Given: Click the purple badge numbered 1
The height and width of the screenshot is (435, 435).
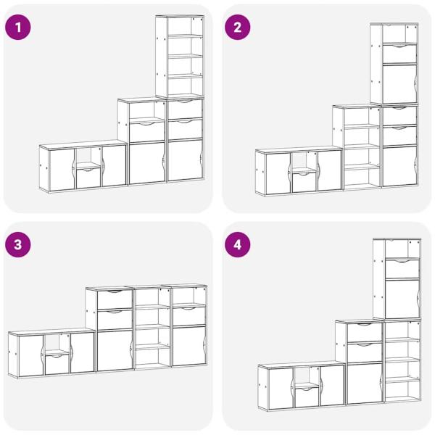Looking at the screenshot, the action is [17, 28].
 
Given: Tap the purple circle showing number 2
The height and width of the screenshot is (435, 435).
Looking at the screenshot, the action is [238, 28].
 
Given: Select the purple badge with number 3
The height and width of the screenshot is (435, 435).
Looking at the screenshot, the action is [17, 245].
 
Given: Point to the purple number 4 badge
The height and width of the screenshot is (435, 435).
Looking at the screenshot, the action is [238, 245].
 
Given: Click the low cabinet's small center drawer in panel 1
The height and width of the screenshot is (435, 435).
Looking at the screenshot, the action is [88, 178].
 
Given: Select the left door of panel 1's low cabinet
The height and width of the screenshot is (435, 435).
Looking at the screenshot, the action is [62, 170].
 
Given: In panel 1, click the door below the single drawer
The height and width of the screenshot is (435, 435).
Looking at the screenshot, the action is [147, 163].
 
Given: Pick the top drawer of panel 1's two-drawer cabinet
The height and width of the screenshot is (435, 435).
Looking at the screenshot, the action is [185, 109].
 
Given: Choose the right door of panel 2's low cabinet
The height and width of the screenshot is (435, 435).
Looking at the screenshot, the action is [329, 170].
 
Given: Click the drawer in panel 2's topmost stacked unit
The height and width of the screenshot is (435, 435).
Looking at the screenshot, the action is [399, 54].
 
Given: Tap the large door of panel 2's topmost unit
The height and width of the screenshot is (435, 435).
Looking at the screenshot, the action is [399, 84].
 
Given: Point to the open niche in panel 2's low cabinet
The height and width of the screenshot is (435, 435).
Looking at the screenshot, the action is [304, 162].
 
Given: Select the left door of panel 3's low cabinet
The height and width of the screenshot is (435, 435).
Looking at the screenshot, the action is [31, 356].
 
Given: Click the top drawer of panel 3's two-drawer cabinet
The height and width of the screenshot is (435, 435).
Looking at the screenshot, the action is [115, 299].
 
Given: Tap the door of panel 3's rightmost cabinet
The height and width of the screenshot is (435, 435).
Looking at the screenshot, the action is [189, 346].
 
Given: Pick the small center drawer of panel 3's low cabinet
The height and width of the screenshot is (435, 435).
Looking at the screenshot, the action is [57, 364].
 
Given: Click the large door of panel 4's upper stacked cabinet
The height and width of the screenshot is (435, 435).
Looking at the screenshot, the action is [402, 299].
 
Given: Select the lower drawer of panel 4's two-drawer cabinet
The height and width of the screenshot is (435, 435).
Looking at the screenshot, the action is [365, 353].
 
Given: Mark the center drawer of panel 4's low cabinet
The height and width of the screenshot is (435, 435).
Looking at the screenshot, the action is [307, 397].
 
